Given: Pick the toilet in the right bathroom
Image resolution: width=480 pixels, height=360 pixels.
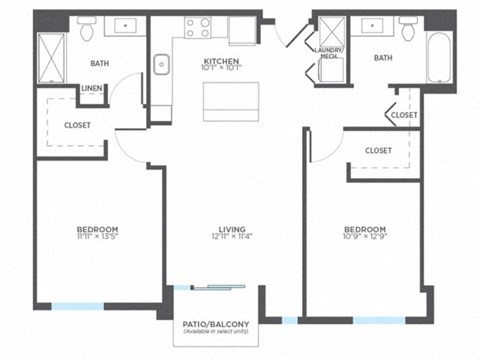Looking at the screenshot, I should (x=408, y=32).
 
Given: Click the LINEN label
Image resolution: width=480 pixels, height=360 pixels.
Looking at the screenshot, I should (x=91, y=89).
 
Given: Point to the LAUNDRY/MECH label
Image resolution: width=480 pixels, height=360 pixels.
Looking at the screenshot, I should (x=328, y=53).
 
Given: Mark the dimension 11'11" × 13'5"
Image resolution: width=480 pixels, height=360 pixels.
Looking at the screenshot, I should (x=98, y=237).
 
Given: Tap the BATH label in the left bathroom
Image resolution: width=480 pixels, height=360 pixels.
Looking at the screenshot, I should (x=100, y=63).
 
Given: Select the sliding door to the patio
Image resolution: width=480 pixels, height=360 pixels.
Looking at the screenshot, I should (x=216, y=288).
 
